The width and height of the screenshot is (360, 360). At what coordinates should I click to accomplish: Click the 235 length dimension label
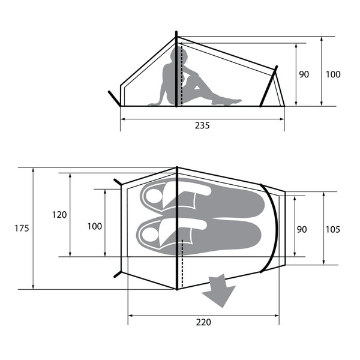[x=202, y=125]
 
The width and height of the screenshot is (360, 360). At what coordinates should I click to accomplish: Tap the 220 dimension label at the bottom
[x=203, y=322]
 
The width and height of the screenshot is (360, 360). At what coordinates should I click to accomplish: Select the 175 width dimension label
[x=22, y=229]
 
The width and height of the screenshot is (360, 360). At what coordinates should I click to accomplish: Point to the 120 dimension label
[x=59, y=215]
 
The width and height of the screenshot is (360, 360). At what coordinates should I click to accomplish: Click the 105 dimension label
[x=333, y=229]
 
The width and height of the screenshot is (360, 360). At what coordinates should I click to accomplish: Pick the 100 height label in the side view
[x=333, y=74]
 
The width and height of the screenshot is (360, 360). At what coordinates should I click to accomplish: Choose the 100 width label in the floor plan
[x=95, y=227]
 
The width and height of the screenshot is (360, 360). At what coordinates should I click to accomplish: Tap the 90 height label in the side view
[x=304, y=74]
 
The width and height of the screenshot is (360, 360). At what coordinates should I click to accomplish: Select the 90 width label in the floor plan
[x=302, y=229]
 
